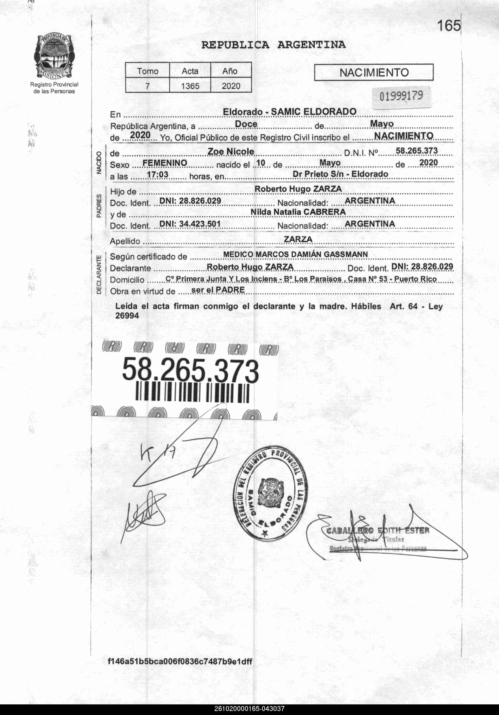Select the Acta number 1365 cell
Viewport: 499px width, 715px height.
[x=190, y=86]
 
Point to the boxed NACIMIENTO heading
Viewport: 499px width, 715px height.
[x=374, y=72]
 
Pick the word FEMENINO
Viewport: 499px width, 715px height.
[x=165, y=163]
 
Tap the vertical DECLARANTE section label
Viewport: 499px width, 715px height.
[x=99, y=274]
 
